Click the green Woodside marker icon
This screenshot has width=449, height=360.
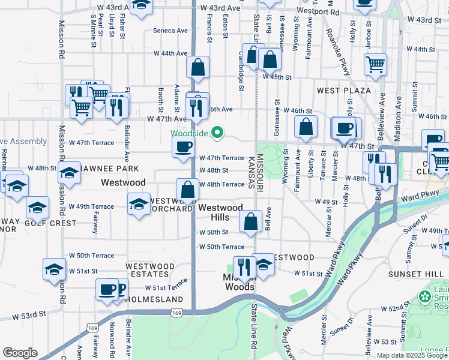219,133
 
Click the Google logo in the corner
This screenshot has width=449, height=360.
20,353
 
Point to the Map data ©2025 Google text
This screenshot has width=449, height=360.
412,355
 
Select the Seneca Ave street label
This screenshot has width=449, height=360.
170,31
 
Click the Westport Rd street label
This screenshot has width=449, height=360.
318,11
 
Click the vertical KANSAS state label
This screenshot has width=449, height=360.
250,170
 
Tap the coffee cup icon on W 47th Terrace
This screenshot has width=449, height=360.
183,146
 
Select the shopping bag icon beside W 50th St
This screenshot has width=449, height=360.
250,222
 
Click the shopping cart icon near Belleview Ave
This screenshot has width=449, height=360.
375,64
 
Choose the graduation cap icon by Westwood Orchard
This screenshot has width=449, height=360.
139,203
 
